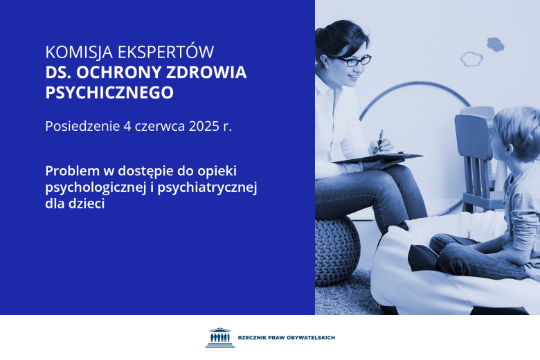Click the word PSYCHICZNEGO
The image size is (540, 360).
(109, 92)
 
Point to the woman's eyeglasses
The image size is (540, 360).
(353, 61)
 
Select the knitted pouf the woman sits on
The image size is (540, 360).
(337, 249)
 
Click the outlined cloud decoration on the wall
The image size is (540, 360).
(471, 58)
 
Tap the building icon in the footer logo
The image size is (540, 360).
(219, 337)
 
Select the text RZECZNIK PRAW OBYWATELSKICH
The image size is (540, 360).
(286, 338)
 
